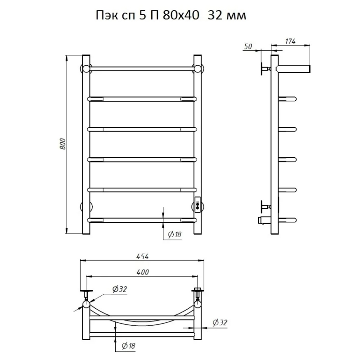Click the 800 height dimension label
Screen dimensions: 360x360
63,144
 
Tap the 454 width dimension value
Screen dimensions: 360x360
143,256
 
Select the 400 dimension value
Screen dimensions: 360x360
143,272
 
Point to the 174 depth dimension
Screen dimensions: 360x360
290,41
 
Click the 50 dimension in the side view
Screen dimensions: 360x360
248,46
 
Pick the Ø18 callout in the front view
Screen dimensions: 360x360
175,234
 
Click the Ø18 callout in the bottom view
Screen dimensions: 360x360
128,346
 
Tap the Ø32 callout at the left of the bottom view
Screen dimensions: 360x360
120,289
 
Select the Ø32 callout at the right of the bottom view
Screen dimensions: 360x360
220,323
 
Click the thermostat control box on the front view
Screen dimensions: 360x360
198,205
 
